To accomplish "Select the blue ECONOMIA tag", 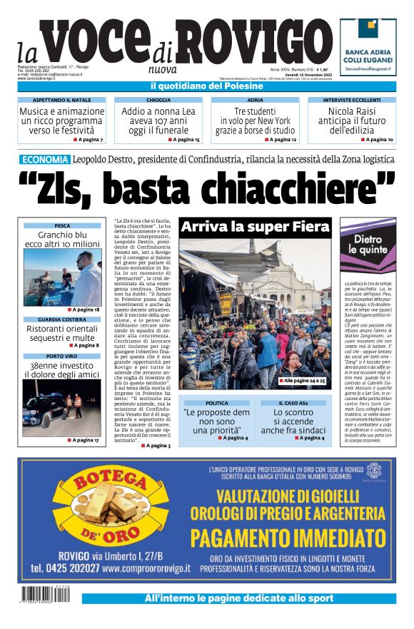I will click(45, 160).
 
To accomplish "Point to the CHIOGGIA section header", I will click(158, 101).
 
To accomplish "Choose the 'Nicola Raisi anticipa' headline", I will click(352, 121).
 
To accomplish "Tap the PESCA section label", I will click(62, 225).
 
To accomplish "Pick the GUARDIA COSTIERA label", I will click(62, 319).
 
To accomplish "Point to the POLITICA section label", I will click(217, 404).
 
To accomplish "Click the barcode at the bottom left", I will click(49, 593).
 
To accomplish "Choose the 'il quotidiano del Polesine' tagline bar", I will click(207, 86).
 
